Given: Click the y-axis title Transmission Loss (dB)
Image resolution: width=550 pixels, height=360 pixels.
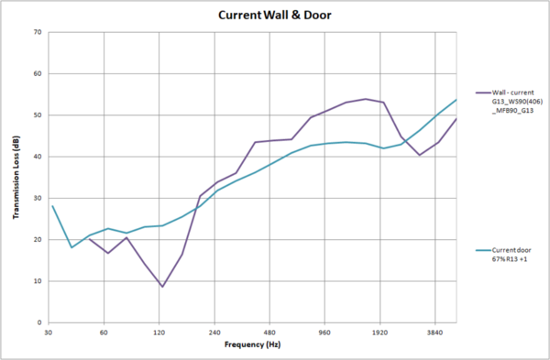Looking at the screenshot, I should [x=16, y=178].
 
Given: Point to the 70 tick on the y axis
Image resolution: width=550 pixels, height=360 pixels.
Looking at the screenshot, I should [x=38, y=32].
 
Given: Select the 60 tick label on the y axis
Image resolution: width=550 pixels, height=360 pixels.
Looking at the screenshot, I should [x=38, y=73].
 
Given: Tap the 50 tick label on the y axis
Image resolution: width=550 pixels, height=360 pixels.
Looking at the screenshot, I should [x=38, y=115].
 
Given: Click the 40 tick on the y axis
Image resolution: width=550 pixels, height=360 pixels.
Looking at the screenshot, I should [x=38, y=157].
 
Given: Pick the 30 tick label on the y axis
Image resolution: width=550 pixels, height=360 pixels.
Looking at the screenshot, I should [x=38, y=198].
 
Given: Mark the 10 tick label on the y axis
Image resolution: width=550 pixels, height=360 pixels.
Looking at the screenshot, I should [x=38, y=281].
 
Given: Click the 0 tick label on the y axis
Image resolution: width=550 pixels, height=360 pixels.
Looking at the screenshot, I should [x=39, y=322].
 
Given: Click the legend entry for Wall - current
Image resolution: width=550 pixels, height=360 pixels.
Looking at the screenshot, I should [x=509, y=99].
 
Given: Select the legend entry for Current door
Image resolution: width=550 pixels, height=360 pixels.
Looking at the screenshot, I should [x=509, y=256].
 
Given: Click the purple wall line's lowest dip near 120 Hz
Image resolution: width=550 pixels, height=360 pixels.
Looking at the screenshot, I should [x=162, y=287].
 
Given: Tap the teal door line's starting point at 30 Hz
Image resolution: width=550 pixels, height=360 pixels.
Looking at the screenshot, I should [x=52, y=206].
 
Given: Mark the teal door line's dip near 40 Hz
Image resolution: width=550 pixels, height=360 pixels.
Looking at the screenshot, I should [x=71, y=247].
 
